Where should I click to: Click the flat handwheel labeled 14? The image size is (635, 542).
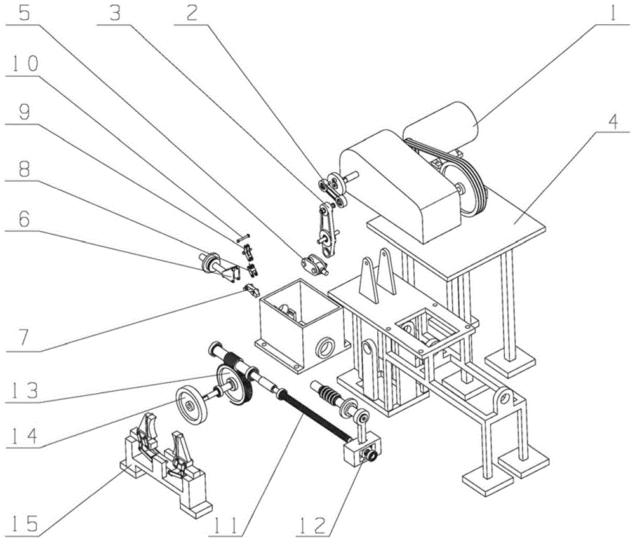point(192,403)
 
